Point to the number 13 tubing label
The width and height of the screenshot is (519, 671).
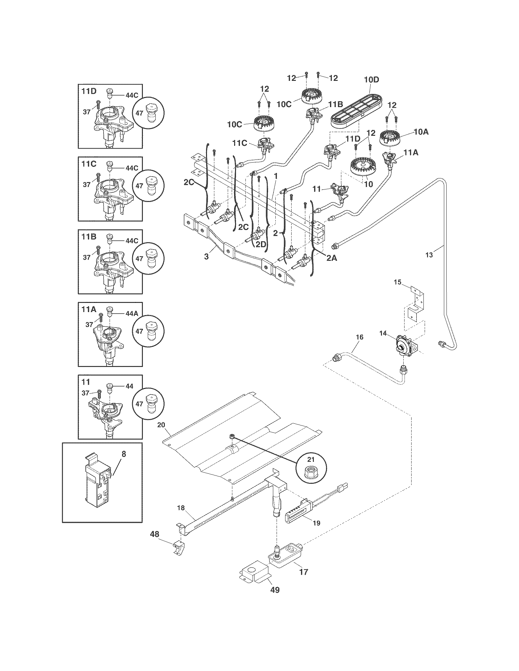429,255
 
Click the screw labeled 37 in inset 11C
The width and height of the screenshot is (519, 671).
98,178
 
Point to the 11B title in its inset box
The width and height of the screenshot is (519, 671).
89,237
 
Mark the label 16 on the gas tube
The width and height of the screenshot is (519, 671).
359,337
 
